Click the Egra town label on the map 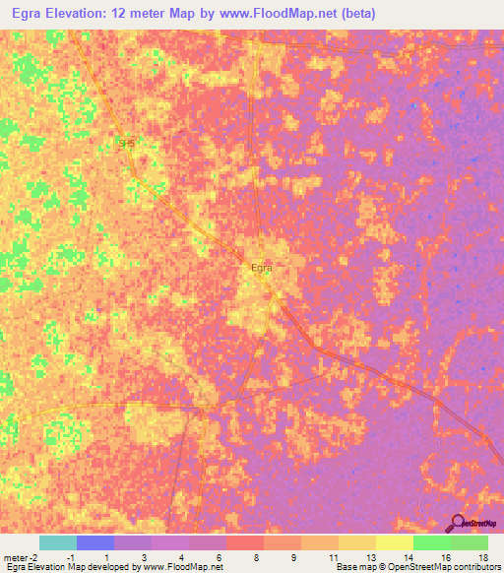(261, 267)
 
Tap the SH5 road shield (125, 144)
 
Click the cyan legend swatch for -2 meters (57, 542)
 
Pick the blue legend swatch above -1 (94, 542)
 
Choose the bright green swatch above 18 (469, 542)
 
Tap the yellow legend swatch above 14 (394, 542)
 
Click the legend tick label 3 (144, 557)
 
